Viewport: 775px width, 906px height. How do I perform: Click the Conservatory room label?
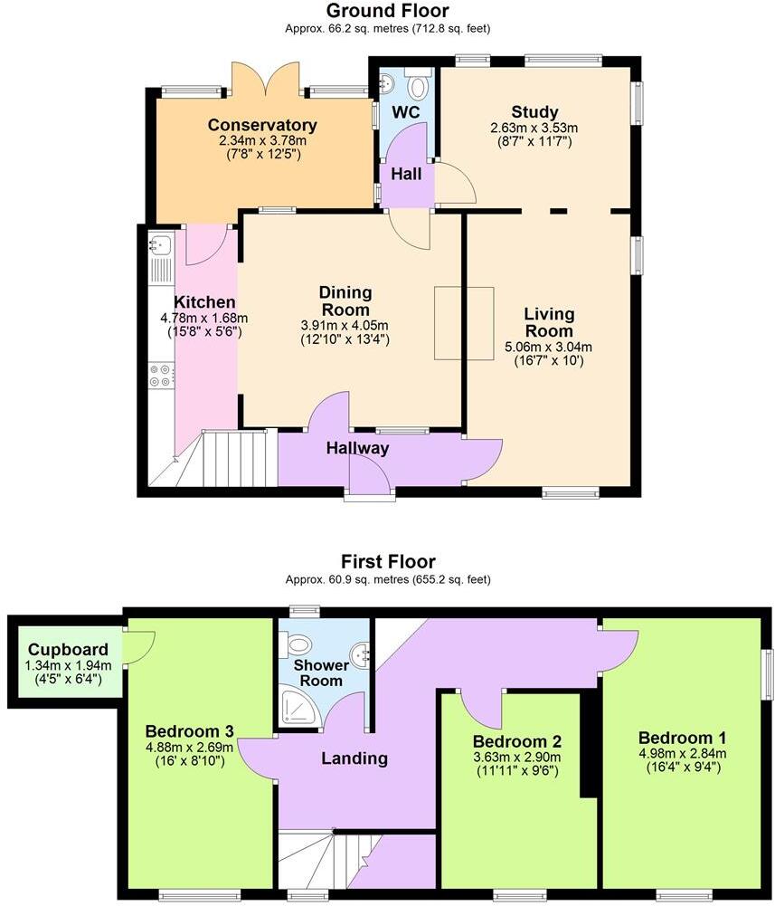(262, 125)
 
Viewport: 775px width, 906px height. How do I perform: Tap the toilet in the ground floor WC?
(418, 87)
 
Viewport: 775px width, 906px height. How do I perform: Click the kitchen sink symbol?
(159, 243)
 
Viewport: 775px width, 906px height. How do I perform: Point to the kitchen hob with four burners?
(160, 375)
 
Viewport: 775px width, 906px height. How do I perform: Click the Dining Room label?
(345, 300)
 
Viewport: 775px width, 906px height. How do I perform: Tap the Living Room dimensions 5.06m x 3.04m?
(549, 347)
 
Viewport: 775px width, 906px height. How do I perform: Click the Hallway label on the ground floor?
(357, 448)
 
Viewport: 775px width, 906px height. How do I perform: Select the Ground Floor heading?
(387, 11)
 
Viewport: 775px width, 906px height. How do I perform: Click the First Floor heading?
(387, 561)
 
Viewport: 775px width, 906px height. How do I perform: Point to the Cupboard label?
(68, 649)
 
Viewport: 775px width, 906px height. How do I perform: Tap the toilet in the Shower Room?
(298, 645)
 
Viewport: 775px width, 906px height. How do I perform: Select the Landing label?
(354, 758)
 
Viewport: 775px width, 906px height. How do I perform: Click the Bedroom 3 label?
(190, 731)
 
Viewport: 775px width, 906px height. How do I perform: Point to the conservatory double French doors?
(265, 80)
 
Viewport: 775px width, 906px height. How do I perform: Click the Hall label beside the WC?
(405, 174)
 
